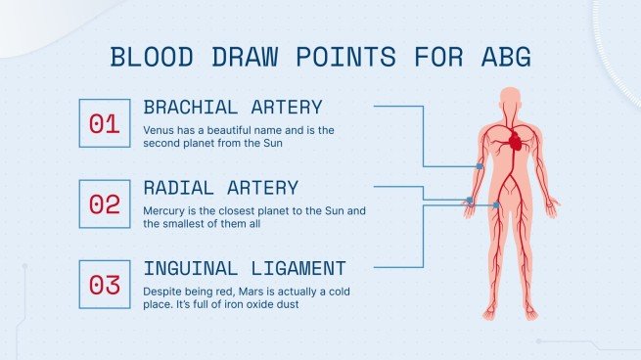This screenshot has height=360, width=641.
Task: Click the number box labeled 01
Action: [104, 123]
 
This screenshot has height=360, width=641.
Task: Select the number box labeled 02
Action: [104, 203]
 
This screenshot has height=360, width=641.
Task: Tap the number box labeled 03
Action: [104, 285]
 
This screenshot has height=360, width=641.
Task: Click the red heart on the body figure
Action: [516, 142]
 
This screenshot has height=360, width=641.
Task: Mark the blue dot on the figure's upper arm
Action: [480, 166]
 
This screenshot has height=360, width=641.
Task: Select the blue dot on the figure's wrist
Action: [470, 201]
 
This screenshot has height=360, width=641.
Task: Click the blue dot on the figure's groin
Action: [498, 204]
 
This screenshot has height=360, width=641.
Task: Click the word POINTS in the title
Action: [332, 58]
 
